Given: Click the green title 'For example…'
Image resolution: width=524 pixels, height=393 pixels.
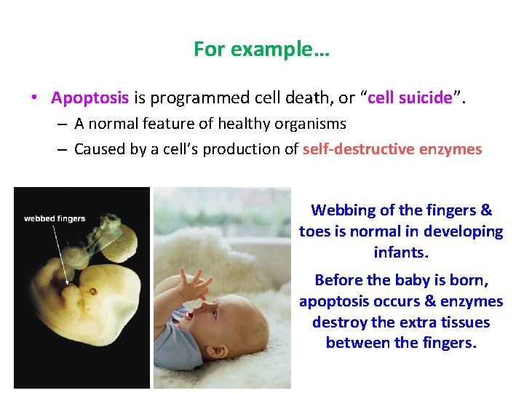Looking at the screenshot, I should [262, 49].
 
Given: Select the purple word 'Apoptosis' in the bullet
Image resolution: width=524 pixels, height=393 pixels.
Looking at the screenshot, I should [90, 98].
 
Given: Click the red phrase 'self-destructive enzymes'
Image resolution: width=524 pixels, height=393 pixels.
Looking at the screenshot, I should [392, 149].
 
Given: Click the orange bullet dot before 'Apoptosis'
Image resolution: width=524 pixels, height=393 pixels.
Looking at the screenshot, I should [34, 98].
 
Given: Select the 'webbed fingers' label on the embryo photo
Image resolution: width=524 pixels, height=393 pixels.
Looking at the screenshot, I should [55, 218].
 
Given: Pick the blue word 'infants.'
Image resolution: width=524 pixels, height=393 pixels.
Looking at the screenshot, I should [401, 253].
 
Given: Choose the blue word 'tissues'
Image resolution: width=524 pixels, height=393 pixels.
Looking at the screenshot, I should [465, 322].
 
